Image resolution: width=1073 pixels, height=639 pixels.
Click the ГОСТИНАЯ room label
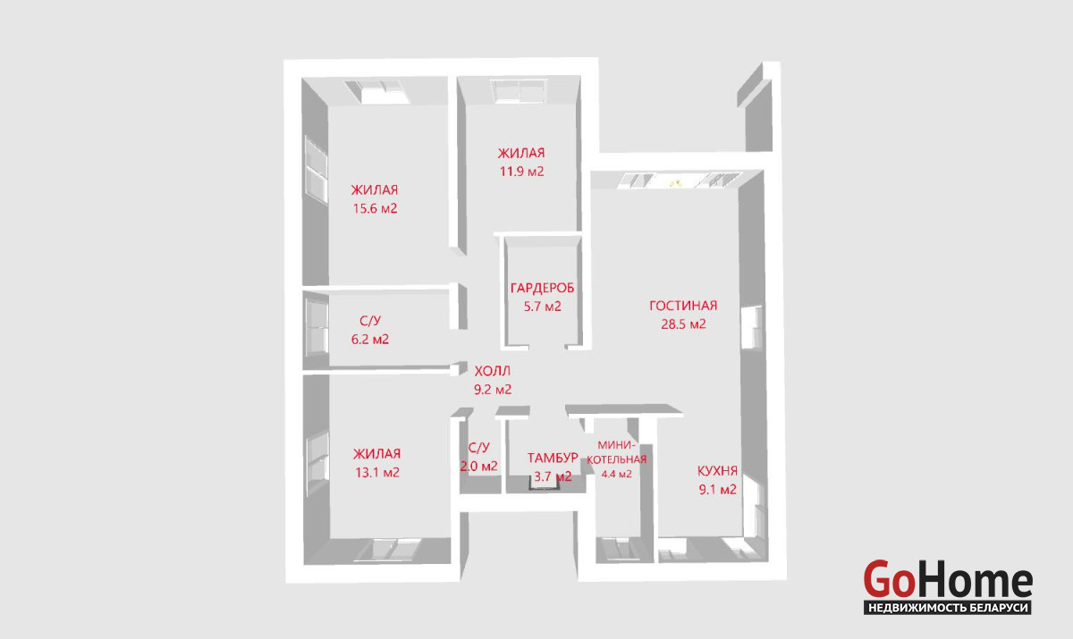(683, 306)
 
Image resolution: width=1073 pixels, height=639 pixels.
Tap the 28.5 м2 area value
(683, 324)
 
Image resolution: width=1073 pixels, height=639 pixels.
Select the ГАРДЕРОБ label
(542, 288)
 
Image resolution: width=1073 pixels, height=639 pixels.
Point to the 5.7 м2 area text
(542, 307)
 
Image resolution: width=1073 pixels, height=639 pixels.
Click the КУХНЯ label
(717, 471)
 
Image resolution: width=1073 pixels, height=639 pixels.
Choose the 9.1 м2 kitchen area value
(717, 489)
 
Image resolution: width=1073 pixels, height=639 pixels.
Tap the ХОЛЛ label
(493, 371)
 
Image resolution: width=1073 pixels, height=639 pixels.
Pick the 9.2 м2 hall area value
(493, 389)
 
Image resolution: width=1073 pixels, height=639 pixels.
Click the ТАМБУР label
(553, 458)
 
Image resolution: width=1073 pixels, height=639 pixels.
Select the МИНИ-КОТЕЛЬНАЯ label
(616, 452)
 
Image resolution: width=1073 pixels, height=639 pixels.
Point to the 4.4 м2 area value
(616, 475)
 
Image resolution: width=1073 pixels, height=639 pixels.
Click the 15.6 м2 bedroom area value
(375, 209)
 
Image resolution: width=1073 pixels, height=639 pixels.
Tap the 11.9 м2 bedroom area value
(521, 172)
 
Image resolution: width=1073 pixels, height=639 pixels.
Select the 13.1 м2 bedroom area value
(377, 473)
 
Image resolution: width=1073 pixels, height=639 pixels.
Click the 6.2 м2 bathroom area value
(370, 340)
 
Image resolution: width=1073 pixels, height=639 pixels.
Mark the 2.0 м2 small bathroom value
(479, 466)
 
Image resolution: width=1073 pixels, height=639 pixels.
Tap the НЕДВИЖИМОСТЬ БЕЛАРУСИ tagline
(948, 608)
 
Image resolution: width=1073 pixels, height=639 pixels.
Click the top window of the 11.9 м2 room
(519, 91)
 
